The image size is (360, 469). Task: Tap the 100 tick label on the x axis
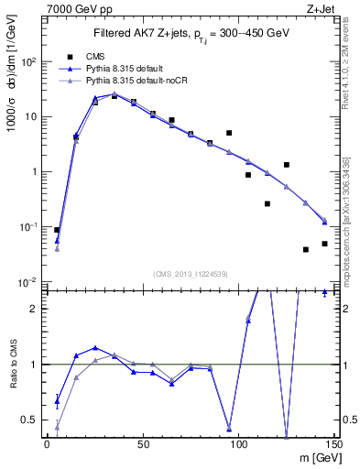pos(238,443)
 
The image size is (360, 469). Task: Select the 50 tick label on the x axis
pos(142,443)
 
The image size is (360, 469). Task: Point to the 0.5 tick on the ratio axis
pos(35,420)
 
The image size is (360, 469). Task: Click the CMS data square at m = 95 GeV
pos(229,133)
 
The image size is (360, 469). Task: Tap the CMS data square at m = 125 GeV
pos(287,165)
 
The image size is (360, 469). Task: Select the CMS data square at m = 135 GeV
pos(306,249)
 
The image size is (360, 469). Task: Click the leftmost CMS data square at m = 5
pos(57,230)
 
